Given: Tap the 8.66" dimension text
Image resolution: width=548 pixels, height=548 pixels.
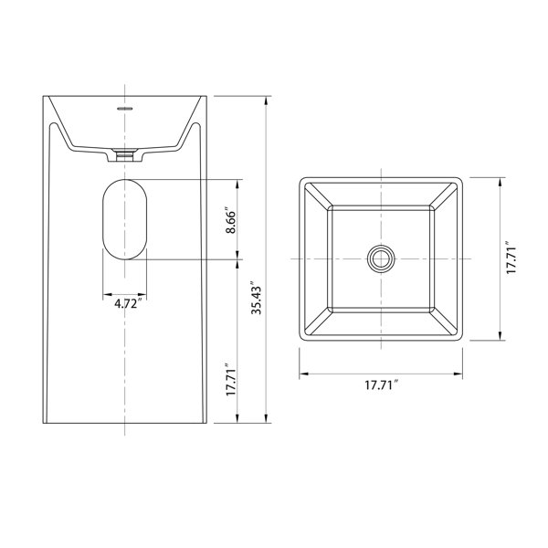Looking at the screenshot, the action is coord(231,222).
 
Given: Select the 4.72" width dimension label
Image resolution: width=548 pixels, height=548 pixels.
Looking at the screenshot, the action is coord(128,303).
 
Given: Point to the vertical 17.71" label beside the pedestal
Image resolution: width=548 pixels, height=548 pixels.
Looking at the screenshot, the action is coord(231,380).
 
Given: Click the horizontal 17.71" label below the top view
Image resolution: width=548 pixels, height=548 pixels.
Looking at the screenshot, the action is coord(381,385).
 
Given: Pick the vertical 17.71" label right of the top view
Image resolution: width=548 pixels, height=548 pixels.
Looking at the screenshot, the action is coord(511,258).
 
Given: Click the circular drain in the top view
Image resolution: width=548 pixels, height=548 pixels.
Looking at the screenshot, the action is coord(381,259).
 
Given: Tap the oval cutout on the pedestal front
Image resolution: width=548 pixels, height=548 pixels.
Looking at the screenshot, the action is coord(125,219).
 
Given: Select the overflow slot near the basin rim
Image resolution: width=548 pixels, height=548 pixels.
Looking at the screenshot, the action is coord(125,109).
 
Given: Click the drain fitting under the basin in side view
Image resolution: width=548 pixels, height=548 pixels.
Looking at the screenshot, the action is coord(125,155).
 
